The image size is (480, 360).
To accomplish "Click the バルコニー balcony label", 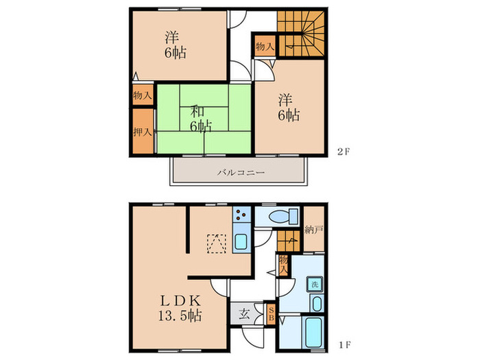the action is pyautogui.click(x=241, y=173).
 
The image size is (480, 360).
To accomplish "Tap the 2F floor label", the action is pyautogui.click(x=344, y=152).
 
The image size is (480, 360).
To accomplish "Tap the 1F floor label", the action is pyautogui.click(x=344, y=345).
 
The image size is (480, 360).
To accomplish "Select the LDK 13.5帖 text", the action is pyautogui.click(x=180, y=308).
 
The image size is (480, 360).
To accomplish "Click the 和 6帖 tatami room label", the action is pyautogui.click(x=200, y=119).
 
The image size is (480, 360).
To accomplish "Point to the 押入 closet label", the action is pyautogui.click(x=143, y=132).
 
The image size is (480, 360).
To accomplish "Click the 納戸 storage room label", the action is pyautogui.click(x=314, y=230).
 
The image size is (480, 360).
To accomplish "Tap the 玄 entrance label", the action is pyautogui.click(x=244, y=314).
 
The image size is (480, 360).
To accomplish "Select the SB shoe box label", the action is pyautogui.click(x=271, y=313).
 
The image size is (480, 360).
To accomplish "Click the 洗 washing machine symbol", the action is pyautogui.click(x=315, y=285).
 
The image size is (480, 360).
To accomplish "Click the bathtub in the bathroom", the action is pyautogui.click(x=313, y=333).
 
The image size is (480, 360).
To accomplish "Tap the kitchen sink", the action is pyautogui.click(x=242, y=242).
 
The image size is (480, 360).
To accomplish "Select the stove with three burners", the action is pyautogui.click(x=242, y=214).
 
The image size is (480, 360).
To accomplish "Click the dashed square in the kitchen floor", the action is pyautogui.click(x=217, y=243).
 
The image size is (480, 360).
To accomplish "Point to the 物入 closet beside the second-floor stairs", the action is pyautogui.click(x=265, y=47).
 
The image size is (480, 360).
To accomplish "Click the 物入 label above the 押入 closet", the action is pyautogui.click(x=143, y=95).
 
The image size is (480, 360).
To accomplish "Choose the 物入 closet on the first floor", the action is pyautogui.click(x=283, y=265).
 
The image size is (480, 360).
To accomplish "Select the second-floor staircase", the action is pyautogui.click(x=301, y=34).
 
